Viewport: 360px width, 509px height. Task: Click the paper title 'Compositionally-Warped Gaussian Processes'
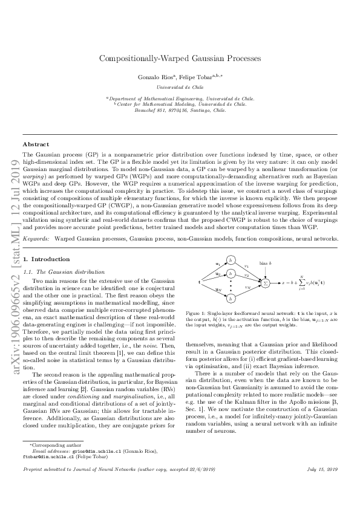180,59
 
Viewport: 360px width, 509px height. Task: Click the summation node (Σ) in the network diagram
264,282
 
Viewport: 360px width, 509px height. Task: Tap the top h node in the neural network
231,260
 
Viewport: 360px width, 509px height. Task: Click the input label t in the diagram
200,282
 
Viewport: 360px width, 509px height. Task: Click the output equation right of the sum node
306,282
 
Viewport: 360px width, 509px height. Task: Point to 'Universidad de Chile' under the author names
180,87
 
